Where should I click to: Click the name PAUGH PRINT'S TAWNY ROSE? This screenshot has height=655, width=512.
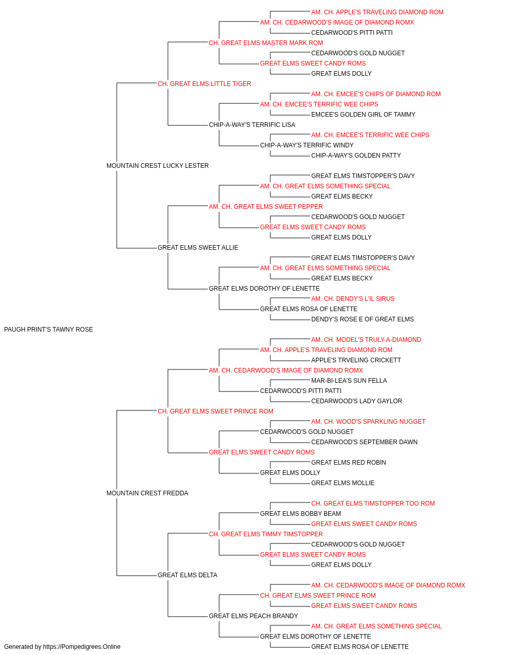(x=49, y=330)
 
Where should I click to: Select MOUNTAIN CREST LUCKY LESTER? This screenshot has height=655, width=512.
(x=157, y=166)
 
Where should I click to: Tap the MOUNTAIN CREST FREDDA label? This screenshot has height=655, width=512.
(x=147, y=493)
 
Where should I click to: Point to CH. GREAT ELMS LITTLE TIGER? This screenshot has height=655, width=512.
(x=204, y=84)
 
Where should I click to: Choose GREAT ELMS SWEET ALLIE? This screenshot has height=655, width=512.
(x=198, y=248)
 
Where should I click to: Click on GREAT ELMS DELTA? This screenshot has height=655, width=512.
(x=187, y=575)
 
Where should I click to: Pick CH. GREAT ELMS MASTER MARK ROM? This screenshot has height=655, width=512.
(x=266, y=43)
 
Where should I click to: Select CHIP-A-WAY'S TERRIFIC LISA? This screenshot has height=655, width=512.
(x=252, y=125)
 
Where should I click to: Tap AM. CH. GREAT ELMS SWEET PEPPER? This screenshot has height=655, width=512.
(x=266, y=207)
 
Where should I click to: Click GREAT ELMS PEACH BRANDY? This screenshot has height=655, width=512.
(x=253, y=616)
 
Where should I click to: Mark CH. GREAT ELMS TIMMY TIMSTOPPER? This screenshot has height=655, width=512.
(x=266, y=534)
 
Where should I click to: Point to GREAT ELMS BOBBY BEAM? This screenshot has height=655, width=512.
(x=301, y=514)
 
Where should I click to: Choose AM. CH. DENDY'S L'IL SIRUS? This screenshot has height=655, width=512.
(x=353, y=299)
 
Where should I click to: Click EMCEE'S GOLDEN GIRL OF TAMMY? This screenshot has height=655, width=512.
(x=363, y=115)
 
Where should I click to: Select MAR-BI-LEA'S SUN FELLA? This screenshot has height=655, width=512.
(x=349, y=381)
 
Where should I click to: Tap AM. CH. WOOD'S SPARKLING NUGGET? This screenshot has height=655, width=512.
(x=368, y=422)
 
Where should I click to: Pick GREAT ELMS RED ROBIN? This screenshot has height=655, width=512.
(x=348, y=463)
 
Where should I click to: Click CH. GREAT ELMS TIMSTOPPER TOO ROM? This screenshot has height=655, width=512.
(x=373, y=504)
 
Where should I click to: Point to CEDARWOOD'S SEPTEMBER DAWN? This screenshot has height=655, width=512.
(x=364, y=442)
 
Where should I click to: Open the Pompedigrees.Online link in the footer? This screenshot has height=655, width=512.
(x=81, y=647)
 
